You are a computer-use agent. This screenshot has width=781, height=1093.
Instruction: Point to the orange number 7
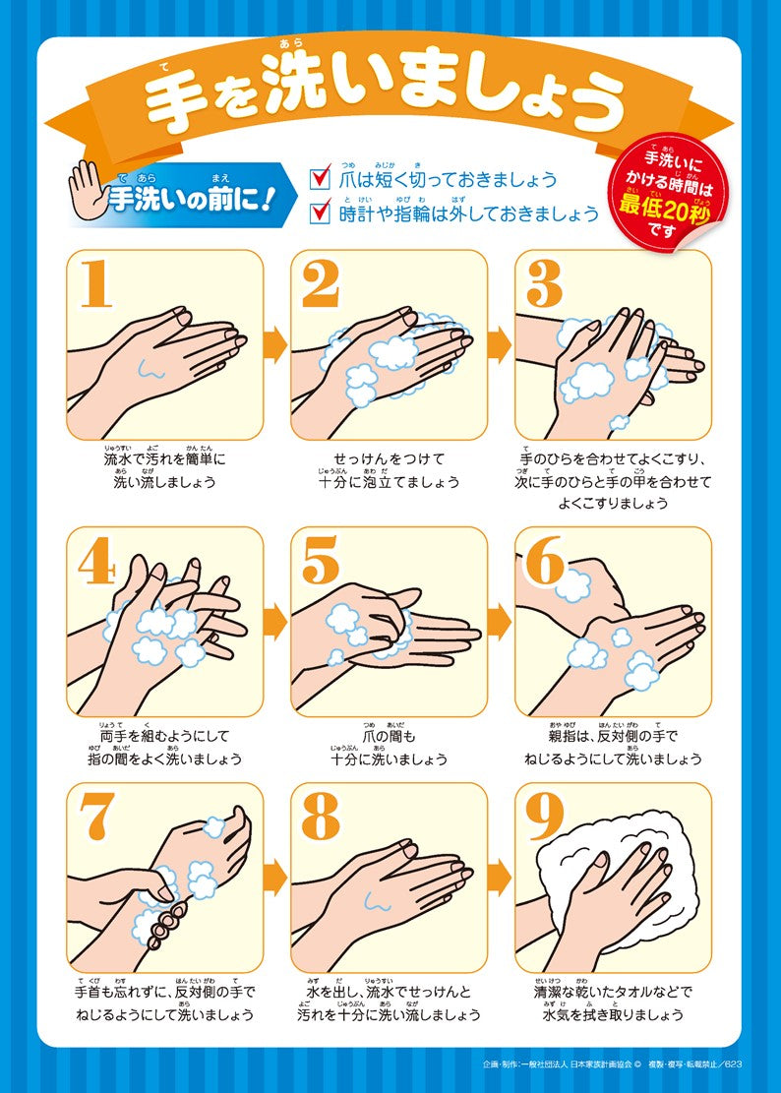click(x=95, y=816)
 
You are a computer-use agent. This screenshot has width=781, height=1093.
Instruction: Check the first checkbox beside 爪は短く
click(x=320, y=179)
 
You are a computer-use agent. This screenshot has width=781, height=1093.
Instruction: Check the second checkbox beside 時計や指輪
click(x=320, y=213)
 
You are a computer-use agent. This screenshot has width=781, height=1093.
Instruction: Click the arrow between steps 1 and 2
click(x=276, y=344)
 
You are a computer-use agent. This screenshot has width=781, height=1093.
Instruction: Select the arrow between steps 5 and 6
click(x=501, y=620)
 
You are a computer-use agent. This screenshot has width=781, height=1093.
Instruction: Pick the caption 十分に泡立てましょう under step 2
click(x=389, y=483)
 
